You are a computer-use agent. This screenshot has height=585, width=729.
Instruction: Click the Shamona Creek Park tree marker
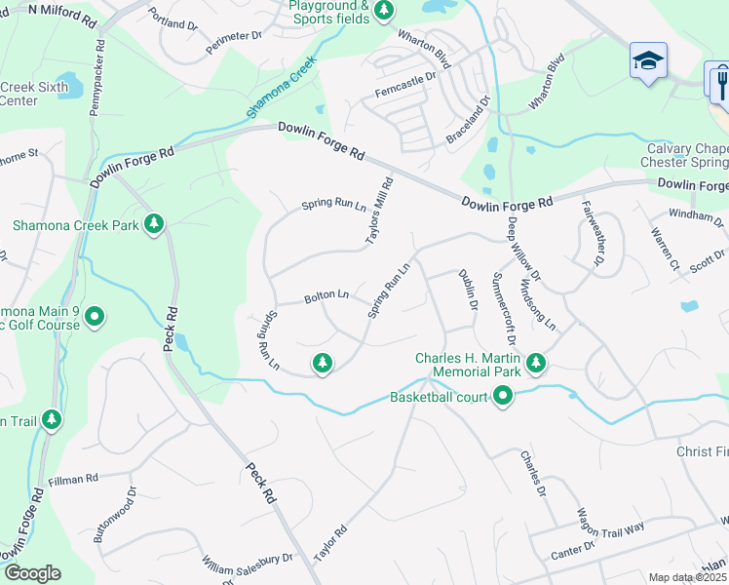coord(153,225)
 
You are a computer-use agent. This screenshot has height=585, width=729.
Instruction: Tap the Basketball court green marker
coord(503,396)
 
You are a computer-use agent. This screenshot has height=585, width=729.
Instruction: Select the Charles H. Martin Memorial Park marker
coord(535,364)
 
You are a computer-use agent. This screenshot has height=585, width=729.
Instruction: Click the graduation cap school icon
coord(648,61)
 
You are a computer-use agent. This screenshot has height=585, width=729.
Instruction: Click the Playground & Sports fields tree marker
coord(384,10)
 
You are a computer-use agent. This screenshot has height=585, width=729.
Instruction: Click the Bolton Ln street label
coord(326,293)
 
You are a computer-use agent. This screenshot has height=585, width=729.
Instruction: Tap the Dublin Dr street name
coord(469,291)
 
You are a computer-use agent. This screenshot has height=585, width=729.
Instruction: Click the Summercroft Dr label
coord(504,307)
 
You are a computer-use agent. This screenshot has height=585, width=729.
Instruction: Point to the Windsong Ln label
coord(538,303)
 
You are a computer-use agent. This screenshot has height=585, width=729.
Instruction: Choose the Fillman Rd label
coord(73,480)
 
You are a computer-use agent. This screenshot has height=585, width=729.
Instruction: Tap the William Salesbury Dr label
coord(248,565)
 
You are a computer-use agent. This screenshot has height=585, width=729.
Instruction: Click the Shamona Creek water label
coord(283,89)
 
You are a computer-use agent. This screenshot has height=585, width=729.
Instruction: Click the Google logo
coord(32,573)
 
